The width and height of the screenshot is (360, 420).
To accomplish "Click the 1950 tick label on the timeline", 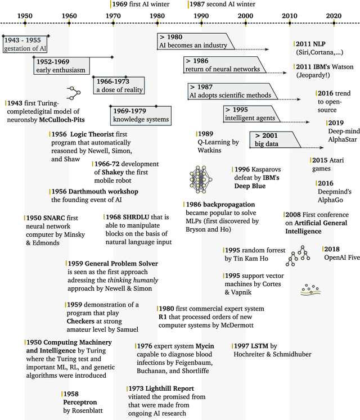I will coord(25,15).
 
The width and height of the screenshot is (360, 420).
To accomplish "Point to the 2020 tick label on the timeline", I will coord(333,15).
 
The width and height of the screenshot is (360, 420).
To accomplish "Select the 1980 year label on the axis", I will coord(157,15).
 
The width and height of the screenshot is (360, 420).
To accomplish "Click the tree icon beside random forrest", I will coord(298,256).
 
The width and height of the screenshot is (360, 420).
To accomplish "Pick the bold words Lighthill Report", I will coord(170,389).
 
